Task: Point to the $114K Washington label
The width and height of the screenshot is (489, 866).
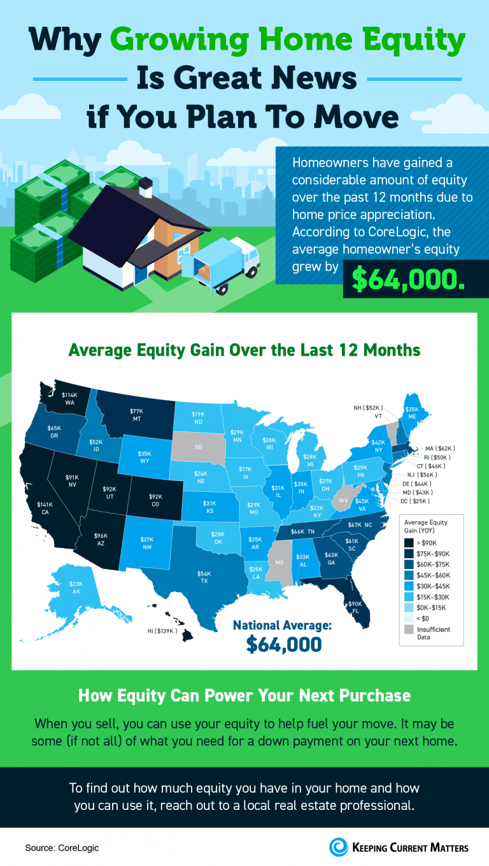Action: coord(69,399)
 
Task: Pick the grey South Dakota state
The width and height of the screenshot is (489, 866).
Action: coord(198,447)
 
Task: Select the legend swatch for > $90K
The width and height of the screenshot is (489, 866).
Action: coord(409,542)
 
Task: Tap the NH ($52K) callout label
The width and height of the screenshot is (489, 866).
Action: coord(368,407)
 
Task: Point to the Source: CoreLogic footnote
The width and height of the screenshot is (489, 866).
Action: coord(62,848)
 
